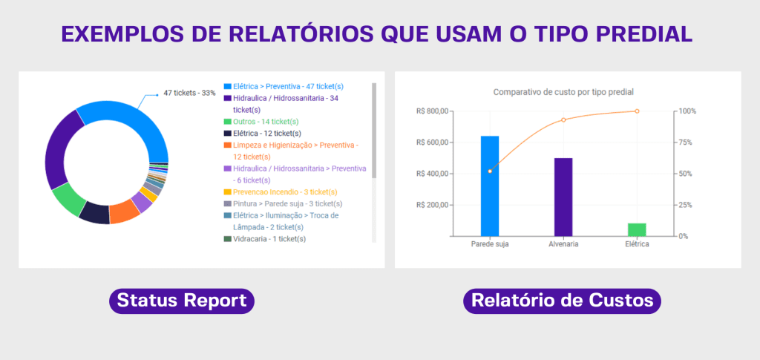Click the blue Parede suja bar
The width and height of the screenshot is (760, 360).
click(490, 186)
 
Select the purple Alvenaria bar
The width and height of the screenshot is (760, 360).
click(563, 197)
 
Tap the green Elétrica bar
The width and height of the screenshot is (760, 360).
click(637, 229)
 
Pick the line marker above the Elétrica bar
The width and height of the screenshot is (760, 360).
click(637, 111)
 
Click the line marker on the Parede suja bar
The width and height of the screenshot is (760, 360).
click(490, 171)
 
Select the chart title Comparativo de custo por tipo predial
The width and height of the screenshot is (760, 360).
click(563, 91)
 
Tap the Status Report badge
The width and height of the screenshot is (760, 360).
click(182, 301)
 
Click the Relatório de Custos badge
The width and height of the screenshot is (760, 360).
click(563, 301)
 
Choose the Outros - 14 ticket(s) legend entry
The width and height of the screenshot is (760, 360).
click(261, 122)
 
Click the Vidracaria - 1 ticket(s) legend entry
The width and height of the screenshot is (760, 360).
click(265, 239)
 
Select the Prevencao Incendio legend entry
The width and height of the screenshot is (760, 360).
click(281, 192)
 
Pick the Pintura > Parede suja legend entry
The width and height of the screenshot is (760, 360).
click(283, 203)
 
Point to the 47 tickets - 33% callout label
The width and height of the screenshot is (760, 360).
click(189, 93)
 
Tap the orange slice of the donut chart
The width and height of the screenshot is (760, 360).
click(124, 214)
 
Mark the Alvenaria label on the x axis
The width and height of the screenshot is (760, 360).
click(563, 244)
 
